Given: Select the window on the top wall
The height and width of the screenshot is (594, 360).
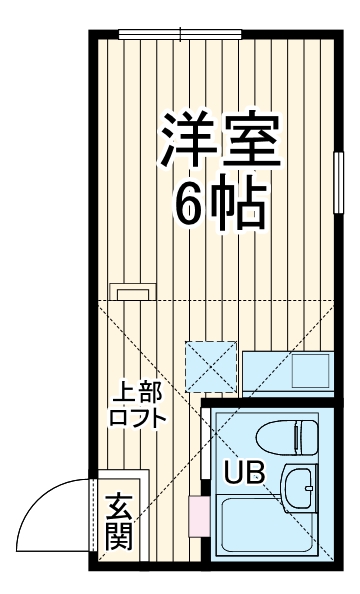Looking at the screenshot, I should (x=180, y=35).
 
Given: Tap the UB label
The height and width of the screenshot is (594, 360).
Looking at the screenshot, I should (x=244, y=473).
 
